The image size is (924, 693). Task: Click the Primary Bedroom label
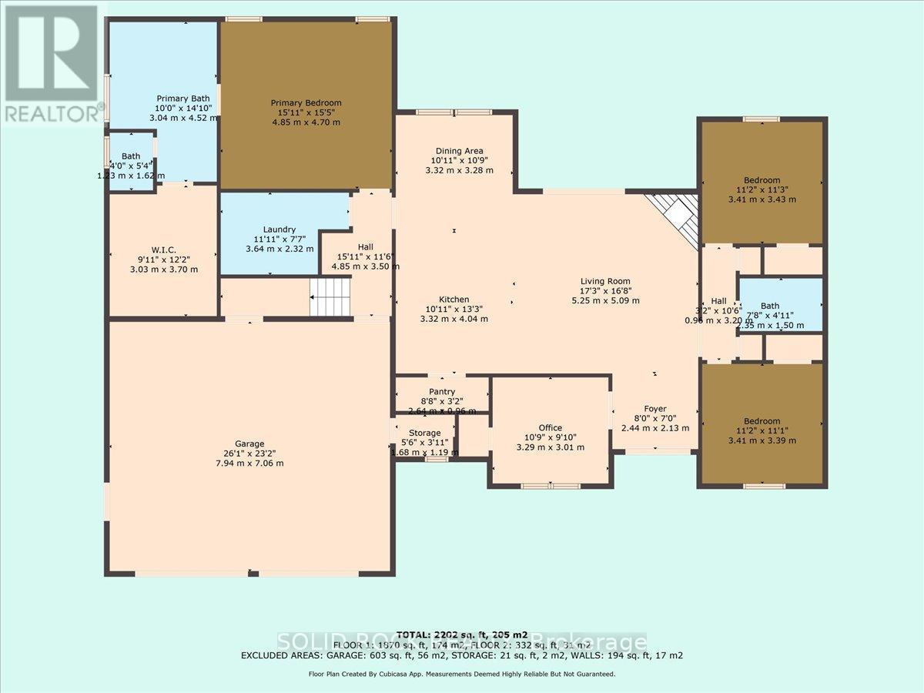(306, 102)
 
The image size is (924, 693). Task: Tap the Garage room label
(249, 444)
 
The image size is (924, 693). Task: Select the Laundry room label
(279, 229)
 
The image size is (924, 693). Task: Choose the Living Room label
(605, 281)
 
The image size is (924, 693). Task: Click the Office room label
(550, 428)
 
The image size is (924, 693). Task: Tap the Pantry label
(442, 392)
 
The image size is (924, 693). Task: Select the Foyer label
(655, 409)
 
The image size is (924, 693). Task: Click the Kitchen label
(454, 300)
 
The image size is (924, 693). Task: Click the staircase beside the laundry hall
(330, 296)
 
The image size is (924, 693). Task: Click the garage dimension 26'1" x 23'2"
(249, 454)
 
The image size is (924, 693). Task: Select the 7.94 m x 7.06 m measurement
(249, 464)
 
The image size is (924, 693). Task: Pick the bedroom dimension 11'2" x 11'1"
(762, 430)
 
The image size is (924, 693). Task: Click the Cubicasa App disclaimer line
(462, 674)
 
